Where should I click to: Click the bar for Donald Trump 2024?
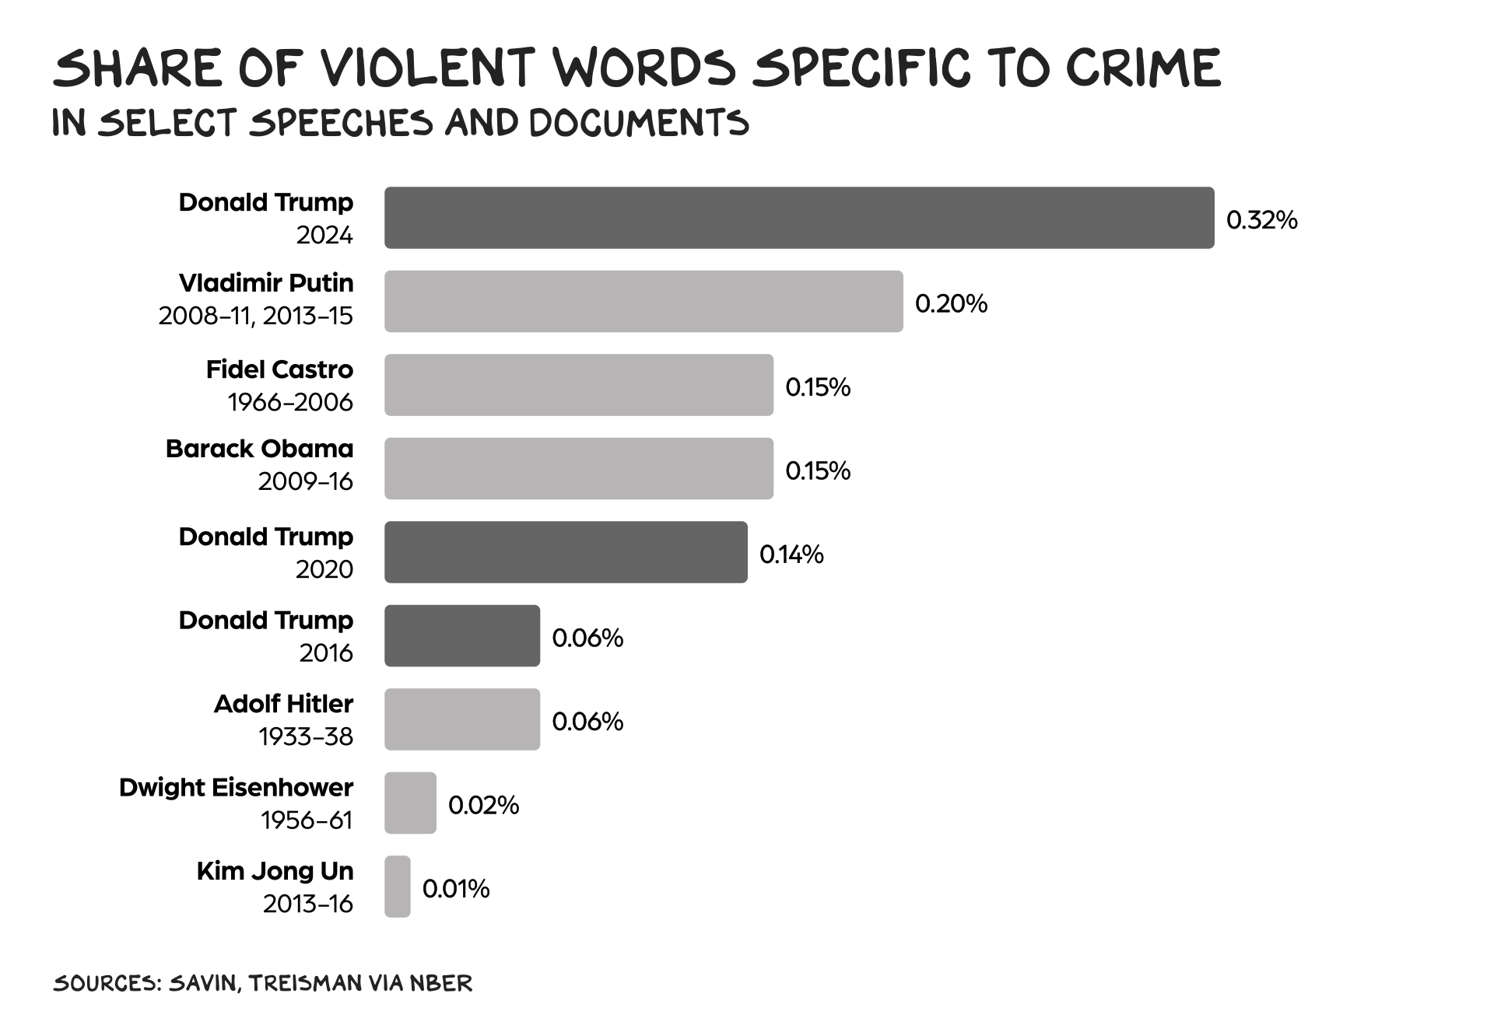point(799,218)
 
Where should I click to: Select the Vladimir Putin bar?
point(644,302)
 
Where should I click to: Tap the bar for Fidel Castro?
point(579,385)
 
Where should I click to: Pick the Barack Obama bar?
point(579,468)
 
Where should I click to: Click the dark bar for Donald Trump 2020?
point(566,552)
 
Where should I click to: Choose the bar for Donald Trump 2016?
point(462,635)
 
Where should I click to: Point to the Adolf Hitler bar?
point(462,719)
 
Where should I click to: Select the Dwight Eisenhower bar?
point(410,803)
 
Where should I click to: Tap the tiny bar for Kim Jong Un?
point(398,887)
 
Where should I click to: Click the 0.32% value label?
point(1261,220)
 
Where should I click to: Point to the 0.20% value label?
point(951,303)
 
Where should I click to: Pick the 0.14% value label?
point(791,554)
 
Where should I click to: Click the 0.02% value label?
point(483,805)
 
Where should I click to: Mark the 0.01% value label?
point(456,888)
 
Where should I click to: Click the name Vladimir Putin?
point(266,282)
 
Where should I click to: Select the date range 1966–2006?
point(290,402)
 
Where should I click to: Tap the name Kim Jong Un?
point(275,871)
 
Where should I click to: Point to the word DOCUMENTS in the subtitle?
point(639,123)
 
